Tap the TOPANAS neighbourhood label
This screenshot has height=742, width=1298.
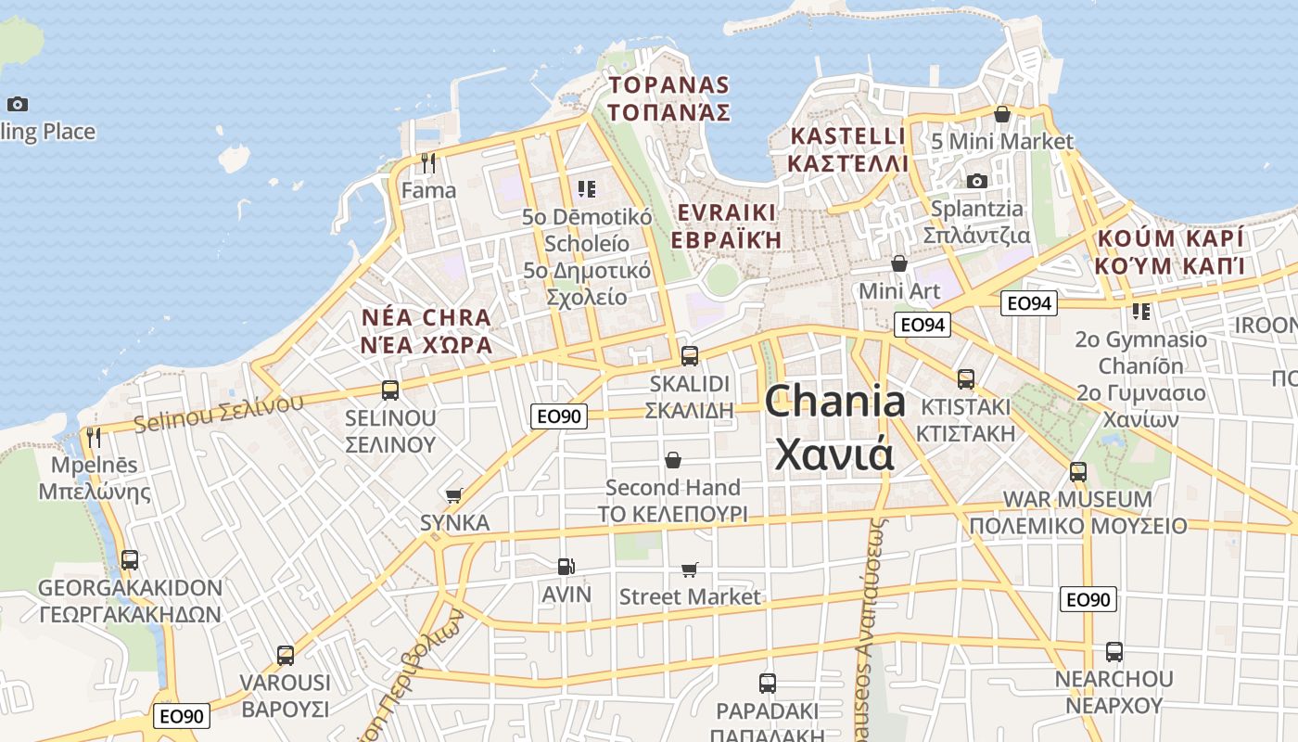point(668,85)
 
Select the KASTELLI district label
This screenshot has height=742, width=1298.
point(846,136)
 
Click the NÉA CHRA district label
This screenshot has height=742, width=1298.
point(426,318)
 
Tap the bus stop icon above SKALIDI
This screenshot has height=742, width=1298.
point(689,355)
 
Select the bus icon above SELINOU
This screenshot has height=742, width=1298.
point(390,390)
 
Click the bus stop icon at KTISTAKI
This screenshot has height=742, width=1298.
point(966,378)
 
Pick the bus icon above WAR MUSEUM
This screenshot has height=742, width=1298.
point(1077,471)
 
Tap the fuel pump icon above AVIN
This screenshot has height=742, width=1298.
point(565,567)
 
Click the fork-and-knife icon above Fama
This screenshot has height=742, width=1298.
point(428,163)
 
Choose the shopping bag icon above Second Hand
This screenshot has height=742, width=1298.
point(673,460)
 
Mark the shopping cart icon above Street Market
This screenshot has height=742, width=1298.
point(689,569)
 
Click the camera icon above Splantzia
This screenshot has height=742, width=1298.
point(976,181)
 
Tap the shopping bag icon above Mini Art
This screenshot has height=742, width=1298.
point(898,263)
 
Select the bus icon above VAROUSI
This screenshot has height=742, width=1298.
point(286,655)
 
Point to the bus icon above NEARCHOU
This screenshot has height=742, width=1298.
point(1113,651)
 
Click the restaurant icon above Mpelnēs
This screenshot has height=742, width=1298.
point(94,437)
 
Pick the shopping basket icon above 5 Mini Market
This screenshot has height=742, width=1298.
point(1002,114)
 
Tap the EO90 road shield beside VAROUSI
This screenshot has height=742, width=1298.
point(181,716)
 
